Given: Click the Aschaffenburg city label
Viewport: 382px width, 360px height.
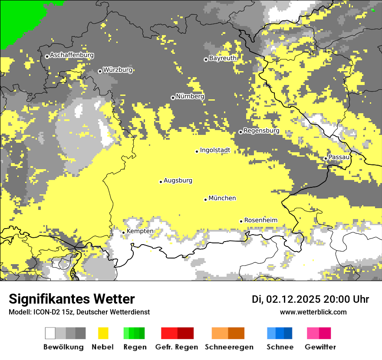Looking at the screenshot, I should pos(72,55).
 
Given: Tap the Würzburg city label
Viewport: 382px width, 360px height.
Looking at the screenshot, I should pos(118,70).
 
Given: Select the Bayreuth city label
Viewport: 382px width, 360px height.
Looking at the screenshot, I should pos(223,58).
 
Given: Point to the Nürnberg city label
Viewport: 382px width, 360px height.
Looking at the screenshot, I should pos(190,96).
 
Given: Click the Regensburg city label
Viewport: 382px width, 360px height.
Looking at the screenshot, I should pos(261,131).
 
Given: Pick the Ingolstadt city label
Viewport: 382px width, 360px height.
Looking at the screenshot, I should pos(215,150).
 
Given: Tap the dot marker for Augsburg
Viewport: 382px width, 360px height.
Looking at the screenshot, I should pos(161,182).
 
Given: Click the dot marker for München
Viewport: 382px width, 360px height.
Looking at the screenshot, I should pos(206,200).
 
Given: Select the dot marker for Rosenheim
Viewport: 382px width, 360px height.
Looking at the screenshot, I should pos(241,221).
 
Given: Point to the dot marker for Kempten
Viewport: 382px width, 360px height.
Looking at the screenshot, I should pos(124,232).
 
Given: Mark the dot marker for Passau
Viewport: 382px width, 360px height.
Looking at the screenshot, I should pos(326,158).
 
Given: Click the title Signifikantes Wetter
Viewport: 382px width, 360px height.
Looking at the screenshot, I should pos(72,299).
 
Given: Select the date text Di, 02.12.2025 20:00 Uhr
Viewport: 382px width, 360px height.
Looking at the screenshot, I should pos(310,299).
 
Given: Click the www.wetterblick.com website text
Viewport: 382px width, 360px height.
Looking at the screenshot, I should pos(313,312).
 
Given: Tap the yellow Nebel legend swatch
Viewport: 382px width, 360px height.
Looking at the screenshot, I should pos(103,333).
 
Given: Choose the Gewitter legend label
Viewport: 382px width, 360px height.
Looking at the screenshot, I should pos(320,347).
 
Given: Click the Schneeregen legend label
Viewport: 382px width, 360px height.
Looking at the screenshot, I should pos(229,347).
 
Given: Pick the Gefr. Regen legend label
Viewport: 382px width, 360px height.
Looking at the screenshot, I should pos(177,347).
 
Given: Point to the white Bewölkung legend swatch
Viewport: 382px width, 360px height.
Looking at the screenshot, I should pos(50,333).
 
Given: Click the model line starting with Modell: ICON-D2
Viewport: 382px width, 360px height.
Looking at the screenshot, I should pos(79,312).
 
